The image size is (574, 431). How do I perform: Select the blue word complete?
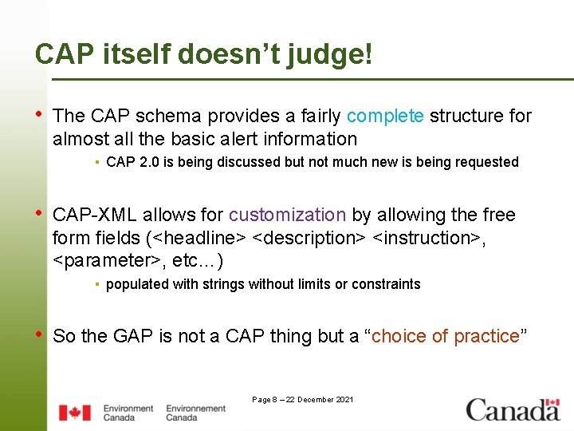click(x=385, y=117)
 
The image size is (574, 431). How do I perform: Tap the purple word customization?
click(x=287, y=215)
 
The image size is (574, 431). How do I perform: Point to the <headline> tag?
click(x=199, y=239)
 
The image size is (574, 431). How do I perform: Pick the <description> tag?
click(x=309, y=239)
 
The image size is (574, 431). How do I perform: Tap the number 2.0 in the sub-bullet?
click(x=150, y=163)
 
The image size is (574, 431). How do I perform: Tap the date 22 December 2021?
click(x=319, y=400)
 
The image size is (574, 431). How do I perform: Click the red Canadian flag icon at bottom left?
click(x=74, y=413)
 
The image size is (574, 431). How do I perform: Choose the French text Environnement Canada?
click(x=195, y=413)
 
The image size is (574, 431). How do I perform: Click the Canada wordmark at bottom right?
click(x=513, y=410)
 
